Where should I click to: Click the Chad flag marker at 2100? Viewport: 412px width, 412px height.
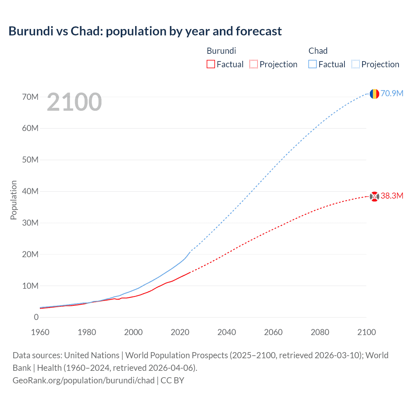tap(374, 94)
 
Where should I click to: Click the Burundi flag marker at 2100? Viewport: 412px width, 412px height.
tap(374, 196)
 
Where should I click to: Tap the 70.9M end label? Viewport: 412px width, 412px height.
tap(392, 93)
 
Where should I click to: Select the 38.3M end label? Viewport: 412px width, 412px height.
tap(392, 196)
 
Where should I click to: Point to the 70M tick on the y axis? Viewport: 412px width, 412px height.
tap(30, 97)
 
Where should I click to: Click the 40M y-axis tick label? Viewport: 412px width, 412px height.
tap(30, 192)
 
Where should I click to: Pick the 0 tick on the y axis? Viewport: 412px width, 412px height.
tap(36, 317)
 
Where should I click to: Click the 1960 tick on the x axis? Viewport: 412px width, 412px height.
tap(40, 332)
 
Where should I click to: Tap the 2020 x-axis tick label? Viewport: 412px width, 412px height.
tap(180, 332)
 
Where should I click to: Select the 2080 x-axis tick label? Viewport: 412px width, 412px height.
tap(320, 332)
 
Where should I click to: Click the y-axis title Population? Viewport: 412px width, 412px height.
tap(14, 200)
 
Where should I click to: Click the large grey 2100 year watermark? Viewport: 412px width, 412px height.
tap(74, 102)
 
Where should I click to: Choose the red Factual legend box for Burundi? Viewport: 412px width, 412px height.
tap(211, 64)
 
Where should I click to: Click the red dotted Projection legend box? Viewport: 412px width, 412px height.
tap(254, 64)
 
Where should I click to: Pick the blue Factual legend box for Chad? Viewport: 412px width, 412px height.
tap(312, 64)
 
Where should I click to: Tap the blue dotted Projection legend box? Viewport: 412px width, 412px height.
tap(356, 64)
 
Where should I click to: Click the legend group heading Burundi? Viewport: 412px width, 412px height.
tap(221, 51)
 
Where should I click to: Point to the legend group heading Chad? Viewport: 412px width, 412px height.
tap(318, 51)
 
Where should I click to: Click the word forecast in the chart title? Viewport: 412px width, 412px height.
tap(259, 31)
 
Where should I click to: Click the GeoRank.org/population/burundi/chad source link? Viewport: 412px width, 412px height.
tap(84, 380)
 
